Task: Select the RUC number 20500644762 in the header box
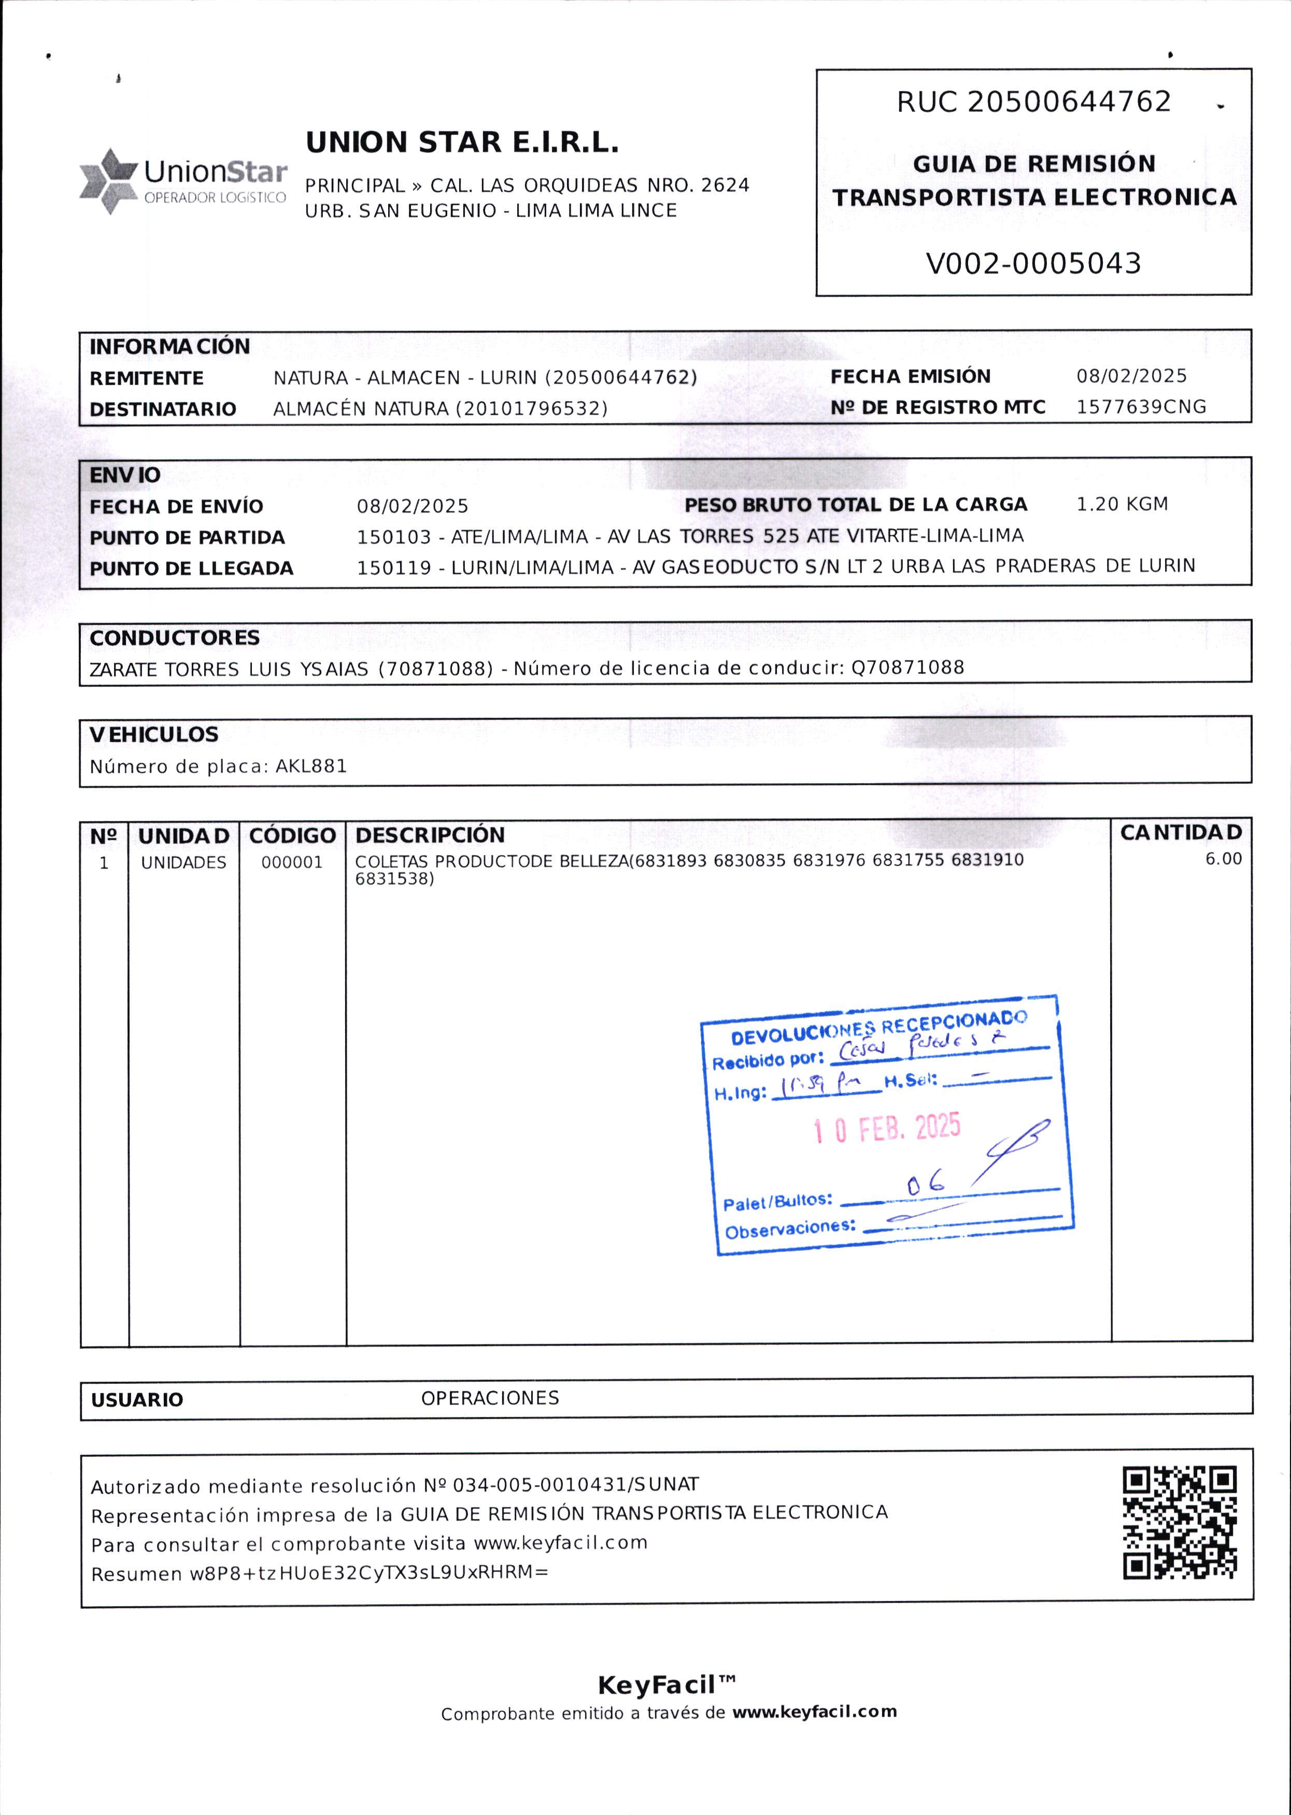point(1069,102)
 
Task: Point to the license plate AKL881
point(311,767)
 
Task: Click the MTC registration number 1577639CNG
point(1141,407)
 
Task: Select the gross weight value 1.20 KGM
point(1122,504)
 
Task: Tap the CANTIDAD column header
point(1181,832)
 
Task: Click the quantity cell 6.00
point(1223,859)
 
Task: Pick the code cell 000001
point(292,862)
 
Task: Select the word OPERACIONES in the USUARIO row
point(490,1398)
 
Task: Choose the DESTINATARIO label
point(163,409)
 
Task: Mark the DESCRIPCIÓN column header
point(430,835)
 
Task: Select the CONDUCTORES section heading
point(174,637)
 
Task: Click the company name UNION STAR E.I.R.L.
point(462,143)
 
